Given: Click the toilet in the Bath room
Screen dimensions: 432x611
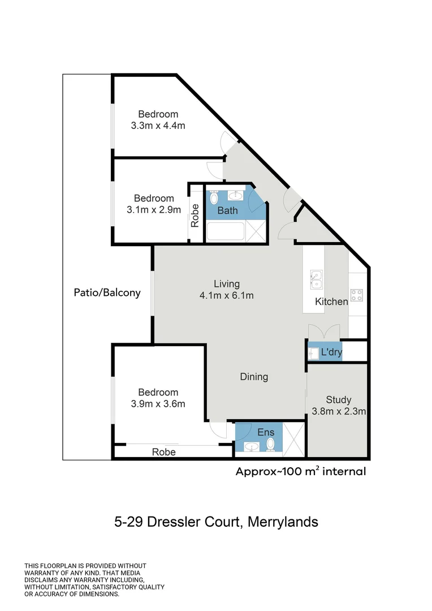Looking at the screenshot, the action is point(214,197).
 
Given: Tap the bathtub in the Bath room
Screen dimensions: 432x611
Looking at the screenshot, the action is point(225,231).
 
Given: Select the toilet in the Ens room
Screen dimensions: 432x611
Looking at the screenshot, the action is point(270,444).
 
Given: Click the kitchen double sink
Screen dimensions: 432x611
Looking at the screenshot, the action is point(316,279).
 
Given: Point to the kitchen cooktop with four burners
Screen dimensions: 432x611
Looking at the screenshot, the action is point(356,295).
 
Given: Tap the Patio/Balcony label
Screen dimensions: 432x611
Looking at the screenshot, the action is point(107,292).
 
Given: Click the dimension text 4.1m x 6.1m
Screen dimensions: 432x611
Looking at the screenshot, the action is point(226,295).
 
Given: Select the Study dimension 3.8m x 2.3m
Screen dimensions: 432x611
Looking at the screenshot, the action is point(339,411).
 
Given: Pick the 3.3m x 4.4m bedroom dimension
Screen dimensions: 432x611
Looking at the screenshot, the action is point(158,126).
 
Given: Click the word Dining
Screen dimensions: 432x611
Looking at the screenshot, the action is point(254,377).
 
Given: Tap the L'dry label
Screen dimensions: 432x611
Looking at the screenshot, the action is point(331,352).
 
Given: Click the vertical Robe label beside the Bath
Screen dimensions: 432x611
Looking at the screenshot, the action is point(195,216).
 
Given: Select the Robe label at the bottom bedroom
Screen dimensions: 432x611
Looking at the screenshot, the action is point(163,452).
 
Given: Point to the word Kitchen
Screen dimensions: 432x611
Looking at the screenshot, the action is point(331,302).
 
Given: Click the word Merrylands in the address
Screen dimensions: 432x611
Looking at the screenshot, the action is point(283,522).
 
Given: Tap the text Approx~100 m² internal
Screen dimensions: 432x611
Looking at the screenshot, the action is point(301,471).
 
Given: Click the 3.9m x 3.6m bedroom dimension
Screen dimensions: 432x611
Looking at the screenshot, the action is point(158,404).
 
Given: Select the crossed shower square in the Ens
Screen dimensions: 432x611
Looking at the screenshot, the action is point(293,439).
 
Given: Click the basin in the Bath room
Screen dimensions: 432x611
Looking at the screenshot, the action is point(235,195).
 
